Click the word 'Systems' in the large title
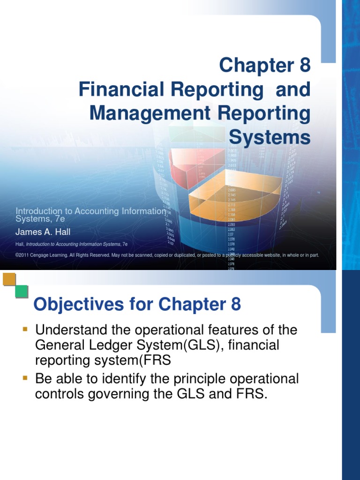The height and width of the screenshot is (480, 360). pos(270,138)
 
